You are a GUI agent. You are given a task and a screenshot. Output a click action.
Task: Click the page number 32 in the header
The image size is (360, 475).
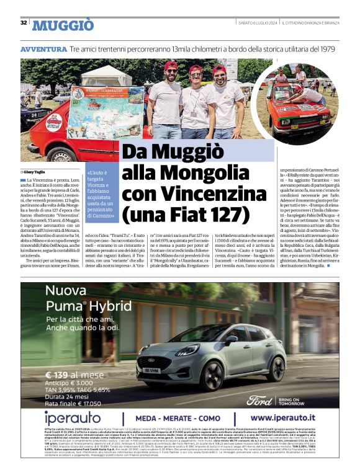(x=24, y=23)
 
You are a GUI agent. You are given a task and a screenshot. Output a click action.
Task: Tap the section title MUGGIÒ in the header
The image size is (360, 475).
(x=63, y=25)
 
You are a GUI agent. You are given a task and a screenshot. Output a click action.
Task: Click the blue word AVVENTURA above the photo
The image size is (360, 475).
(x=43, y=48)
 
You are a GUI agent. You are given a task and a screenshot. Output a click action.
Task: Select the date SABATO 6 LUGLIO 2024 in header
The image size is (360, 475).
(x=258, y=23)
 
